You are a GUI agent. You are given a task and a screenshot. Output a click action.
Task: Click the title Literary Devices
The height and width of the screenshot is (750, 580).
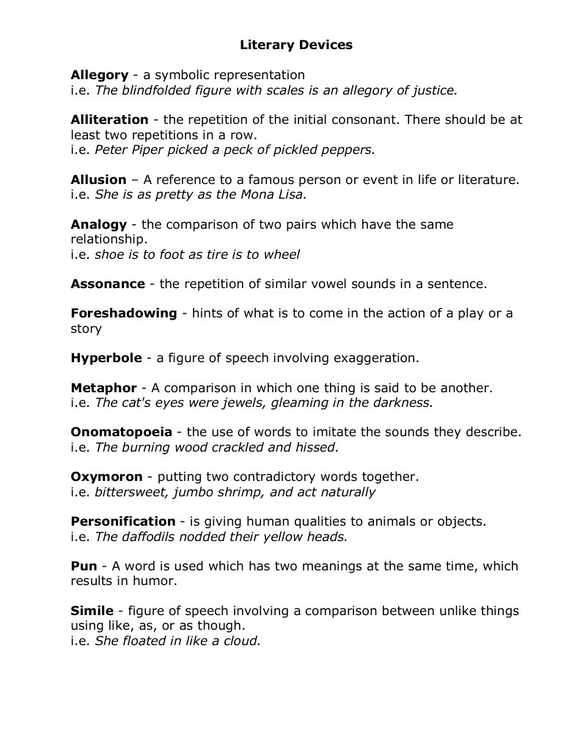coord(296,45)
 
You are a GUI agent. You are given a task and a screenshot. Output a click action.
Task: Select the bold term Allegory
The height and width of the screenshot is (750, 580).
coord(99,75)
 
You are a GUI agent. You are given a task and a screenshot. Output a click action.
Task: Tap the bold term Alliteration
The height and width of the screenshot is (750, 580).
coord(109,120)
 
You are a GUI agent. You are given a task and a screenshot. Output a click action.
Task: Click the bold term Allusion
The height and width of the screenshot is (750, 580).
coord(98,180)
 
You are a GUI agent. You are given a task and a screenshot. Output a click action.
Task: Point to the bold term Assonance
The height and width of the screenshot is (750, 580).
coord(108,284)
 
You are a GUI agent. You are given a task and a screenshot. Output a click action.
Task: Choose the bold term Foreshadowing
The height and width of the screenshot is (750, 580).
coord(123,314)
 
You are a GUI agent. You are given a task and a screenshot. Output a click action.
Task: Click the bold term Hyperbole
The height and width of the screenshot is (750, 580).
coord(106,359)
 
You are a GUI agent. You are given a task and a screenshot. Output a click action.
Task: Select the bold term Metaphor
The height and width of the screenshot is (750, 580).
coord(103,388)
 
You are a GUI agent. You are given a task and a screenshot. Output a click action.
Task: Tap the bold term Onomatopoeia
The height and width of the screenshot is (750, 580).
coord(121,433)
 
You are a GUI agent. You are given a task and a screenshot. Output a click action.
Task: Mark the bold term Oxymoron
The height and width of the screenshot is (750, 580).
coord(106,477)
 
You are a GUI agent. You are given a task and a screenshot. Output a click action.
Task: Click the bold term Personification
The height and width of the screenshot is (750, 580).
coord(122,522)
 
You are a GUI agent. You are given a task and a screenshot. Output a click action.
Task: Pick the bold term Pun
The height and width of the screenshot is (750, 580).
coord(84,566)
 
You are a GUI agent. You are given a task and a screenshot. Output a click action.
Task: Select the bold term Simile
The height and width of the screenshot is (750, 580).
coord(92,611)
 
